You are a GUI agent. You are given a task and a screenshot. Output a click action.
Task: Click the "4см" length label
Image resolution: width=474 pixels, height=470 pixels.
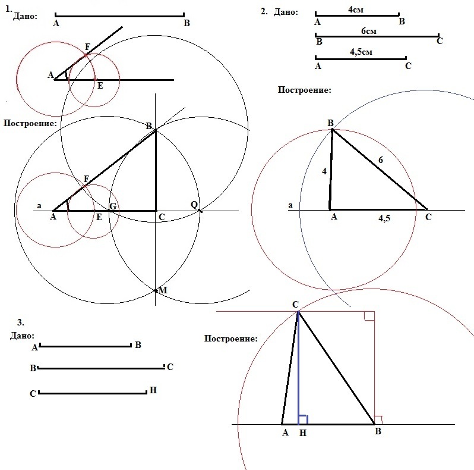pyautogui.click(x=357, y=10)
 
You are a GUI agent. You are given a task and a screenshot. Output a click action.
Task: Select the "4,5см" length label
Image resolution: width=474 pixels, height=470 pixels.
pyautogui.click(x=361, y=52)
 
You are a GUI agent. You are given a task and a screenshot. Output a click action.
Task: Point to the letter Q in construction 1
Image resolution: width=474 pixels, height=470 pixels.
pyautogui.click(x=194, y=204)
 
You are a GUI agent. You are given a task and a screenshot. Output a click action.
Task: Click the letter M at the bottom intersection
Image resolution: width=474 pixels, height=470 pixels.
pyautogui.click(x=163, y=290)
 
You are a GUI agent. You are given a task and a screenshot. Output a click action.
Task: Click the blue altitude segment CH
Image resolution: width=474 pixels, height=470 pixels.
pyautogui.click(x=298, y=369)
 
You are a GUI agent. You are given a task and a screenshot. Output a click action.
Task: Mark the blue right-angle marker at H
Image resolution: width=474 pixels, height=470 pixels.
pyautogui.click(x=303, y=419)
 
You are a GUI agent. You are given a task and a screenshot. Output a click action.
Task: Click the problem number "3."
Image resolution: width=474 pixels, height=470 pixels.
pyautogui.click(x=20, y=322)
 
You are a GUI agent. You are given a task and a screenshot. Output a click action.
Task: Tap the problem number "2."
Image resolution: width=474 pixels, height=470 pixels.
pyautogui.click(x=264, y=11)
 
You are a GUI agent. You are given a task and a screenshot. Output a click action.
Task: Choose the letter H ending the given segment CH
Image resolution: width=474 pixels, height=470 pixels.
pyautogui.click(x=153, y=390)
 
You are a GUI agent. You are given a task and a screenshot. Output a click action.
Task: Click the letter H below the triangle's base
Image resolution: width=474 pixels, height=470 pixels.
pyautogui.click(x=303, y=434)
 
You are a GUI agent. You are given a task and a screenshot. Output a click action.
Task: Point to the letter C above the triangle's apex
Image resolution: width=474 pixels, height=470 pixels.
pyautogui.click(x=295, y=305)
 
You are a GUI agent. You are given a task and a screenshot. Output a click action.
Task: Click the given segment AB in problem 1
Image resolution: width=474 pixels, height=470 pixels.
pyautogui.click(x=119, y=15)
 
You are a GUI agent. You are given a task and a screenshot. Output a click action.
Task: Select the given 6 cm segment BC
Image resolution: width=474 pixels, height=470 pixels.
pyautogui.click(x=377, y=36)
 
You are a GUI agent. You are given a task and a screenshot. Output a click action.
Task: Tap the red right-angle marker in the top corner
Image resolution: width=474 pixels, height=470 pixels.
pyautogui.click(x=369, y=315)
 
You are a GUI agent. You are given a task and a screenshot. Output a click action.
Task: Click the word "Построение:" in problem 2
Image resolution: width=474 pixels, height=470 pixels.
pyautogui.click(x=304, y=90)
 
